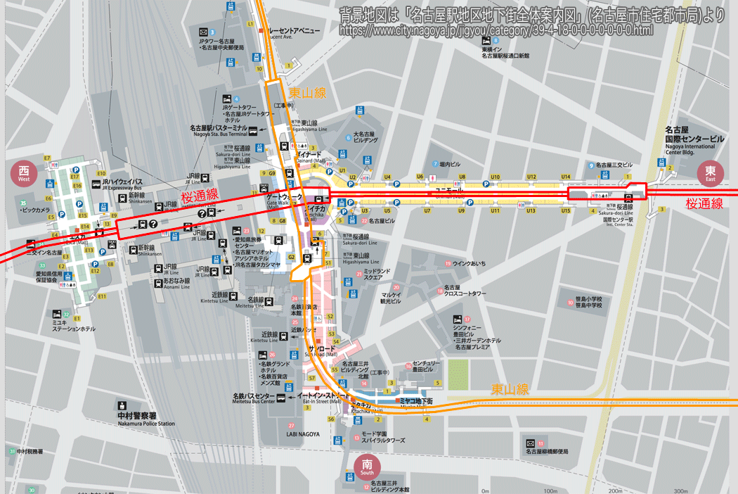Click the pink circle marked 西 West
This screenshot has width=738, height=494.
(x=23, y=173)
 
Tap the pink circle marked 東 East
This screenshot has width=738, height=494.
(x=710, y=173)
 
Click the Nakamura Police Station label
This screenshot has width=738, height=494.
(x=146, y=419)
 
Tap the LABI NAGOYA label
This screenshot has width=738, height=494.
(x=303, y=434)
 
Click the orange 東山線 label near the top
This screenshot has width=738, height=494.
(x=307, y=92)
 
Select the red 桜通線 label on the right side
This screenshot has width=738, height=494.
(x=704, y=203)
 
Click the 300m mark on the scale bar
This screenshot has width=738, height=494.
(x=680, y=490)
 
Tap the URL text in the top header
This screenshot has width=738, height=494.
(x=496, y=30)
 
